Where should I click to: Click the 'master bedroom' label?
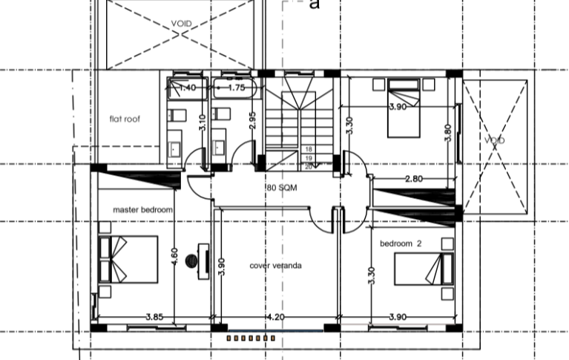click(142, 210)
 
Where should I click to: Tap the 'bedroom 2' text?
click(401, 243)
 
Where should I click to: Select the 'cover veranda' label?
click(275, 266)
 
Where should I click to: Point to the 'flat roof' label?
click(125, 119)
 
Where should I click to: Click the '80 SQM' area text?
click(282, 188)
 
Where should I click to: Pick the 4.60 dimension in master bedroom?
click(174, 256)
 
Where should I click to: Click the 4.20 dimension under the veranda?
click(275, 317)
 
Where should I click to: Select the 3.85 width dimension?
click(154, 317)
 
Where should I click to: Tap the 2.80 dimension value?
click(414, 179)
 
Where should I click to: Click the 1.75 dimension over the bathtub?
click(236, 88)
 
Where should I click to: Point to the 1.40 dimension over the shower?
click(187, 88)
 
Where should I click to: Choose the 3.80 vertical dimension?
click(448, 133)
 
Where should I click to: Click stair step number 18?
click(309, 149)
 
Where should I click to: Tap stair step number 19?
click(309, 158)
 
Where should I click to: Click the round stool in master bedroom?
click(191, 261)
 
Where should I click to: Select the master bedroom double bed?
click(128, 259)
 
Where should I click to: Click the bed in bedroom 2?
click(424, 269)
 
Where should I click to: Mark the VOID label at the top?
click(181, 24)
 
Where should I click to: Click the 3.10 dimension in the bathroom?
click(203, 122)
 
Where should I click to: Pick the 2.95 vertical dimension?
click(252, 120)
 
